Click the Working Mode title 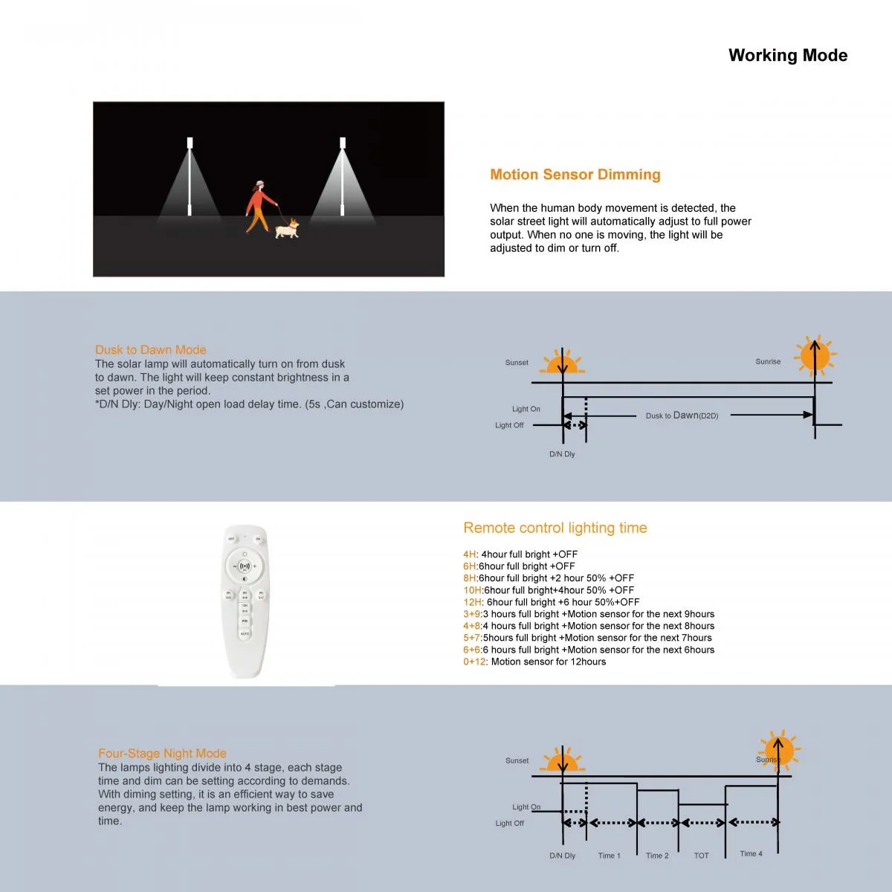click(x=787, y=56)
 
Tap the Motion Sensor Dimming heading click(x=575, y=175)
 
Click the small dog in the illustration click(x=287, y=228)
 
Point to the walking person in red click(x=258, y=206)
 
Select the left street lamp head click(x=190, y=143)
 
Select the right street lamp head click(x=343, y=143)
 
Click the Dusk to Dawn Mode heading click(x=150, y=349)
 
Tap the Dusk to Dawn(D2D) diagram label click(x=682, y=416)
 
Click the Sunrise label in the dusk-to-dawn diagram click(x=768, y=362)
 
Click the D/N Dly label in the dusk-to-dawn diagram click(x=562, y=454)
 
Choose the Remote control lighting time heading click(x=555, y=528)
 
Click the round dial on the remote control click(x=245, y=566)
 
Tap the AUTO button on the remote click(x=245, y=633)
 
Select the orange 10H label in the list click(x=473, y=590)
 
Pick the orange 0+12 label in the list click(x=474, y=662)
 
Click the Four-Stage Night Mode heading click(x=162, y=753)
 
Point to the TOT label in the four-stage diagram click(x=701, y=856)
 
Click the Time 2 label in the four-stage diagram click(x=657, y=856)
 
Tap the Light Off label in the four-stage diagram click(x=509, y=824)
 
